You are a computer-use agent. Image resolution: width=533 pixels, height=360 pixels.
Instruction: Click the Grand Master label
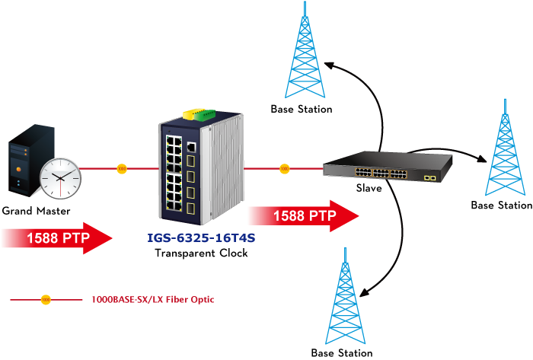36,210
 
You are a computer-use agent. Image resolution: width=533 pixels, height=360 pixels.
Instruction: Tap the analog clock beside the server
60,178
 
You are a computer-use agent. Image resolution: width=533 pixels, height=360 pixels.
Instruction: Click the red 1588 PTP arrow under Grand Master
57,238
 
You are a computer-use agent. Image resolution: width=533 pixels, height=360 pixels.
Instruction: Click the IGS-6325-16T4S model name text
201,238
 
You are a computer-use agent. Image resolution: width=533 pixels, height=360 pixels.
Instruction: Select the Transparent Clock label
201,253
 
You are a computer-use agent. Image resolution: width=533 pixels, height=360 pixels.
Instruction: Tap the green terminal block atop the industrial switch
205,115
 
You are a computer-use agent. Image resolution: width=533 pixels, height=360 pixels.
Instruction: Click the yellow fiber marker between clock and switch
121,168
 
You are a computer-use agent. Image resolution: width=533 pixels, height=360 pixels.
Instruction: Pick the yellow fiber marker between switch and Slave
284,168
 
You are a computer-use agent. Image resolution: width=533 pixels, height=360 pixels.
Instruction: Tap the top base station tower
305,53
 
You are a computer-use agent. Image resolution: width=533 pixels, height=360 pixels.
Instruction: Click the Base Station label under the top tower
302,110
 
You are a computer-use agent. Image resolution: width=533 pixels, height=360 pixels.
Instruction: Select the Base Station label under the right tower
501,205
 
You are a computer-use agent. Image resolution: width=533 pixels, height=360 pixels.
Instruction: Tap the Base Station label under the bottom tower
342,353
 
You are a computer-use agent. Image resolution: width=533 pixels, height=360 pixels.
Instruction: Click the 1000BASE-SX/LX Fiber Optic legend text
152,300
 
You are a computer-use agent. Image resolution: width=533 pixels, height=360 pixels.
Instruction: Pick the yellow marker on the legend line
45,300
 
